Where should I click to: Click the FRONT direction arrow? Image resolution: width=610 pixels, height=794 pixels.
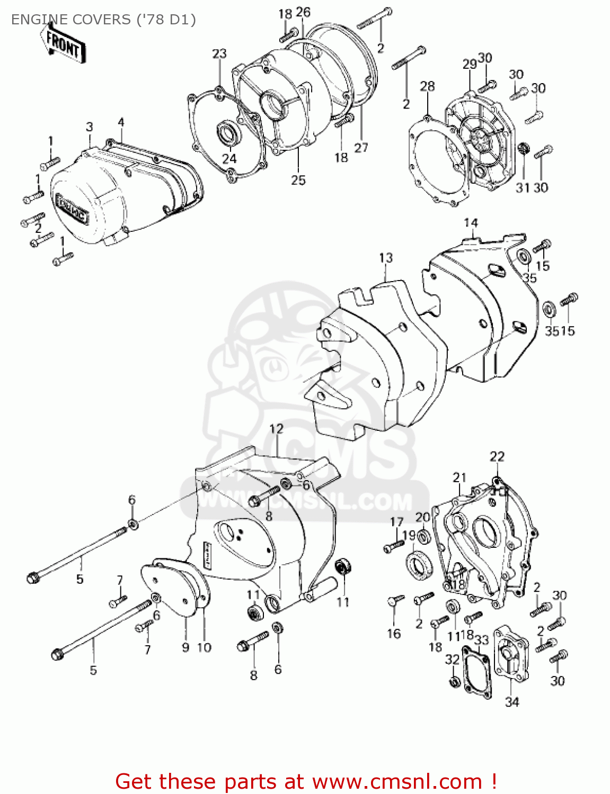(x=63, y=44)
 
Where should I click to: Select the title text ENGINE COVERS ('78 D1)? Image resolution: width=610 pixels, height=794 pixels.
(x=103, y=20)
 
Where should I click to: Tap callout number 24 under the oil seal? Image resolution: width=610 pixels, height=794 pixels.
(x=229, y=159)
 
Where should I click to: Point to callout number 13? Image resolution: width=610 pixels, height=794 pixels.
(x=386, y=258)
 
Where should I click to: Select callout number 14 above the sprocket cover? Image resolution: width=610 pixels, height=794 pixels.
(x=471, y=223)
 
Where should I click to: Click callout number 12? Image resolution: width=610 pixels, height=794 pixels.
(x=276, y=428)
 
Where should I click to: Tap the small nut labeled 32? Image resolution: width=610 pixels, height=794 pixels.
(x=454, y=682)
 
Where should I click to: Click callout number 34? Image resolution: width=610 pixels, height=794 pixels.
(x=512, y=702)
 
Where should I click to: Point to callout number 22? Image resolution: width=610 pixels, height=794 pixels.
(x=497, y=456)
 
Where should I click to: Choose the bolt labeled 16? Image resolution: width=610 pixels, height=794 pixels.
(x=394, y=601)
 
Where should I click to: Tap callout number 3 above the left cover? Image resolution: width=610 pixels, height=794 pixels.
(x=89, y=127)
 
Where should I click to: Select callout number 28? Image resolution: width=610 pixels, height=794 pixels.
(x=427, y=86)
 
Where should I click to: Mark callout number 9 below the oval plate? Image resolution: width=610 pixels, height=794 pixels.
(x=185, y=647)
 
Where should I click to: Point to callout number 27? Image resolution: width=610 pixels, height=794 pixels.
(x=361, y=148)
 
